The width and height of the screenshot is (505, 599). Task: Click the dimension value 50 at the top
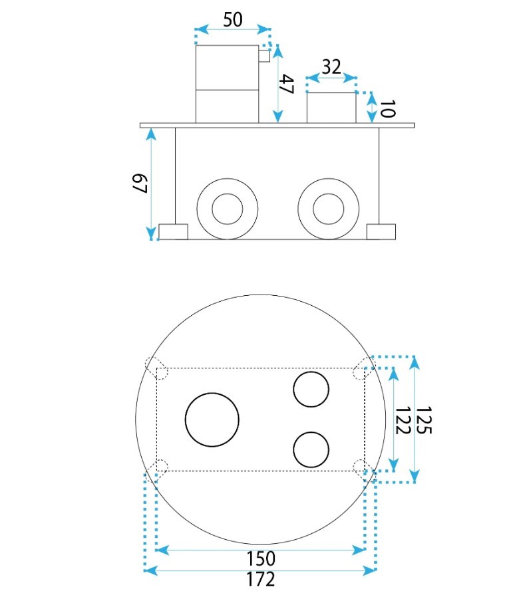click(232, 19)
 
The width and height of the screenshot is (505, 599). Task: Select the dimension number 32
click(331, 67)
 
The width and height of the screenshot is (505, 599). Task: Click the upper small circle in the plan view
click(311, 390)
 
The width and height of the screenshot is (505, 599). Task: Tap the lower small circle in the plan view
click(311, 449)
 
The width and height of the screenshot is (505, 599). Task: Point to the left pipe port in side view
click(228, 209)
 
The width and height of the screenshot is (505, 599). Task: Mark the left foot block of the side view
click(174, 231)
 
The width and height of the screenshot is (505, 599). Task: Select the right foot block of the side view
click(381, 231)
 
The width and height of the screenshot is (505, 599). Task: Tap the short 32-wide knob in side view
click(331, 108)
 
